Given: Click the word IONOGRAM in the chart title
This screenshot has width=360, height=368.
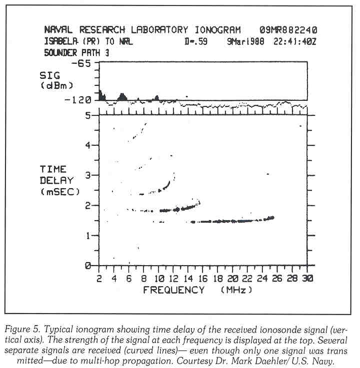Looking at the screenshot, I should point(216,30).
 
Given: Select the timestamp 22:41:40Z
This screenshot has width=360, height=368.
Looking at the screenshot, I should point(295,42).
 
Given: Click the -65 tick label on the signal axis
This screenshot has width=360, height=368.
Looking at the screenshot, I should point(82,64).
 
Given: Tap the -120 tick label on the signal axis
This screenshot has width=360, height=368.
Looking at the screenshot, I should point(79,100).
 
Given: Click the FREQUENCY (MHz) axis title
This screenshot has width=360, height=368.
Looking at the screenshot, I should point(197,290).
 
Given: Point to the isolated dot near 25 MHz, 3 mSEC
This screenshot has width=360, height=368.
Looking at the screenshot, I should point(268,174).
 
